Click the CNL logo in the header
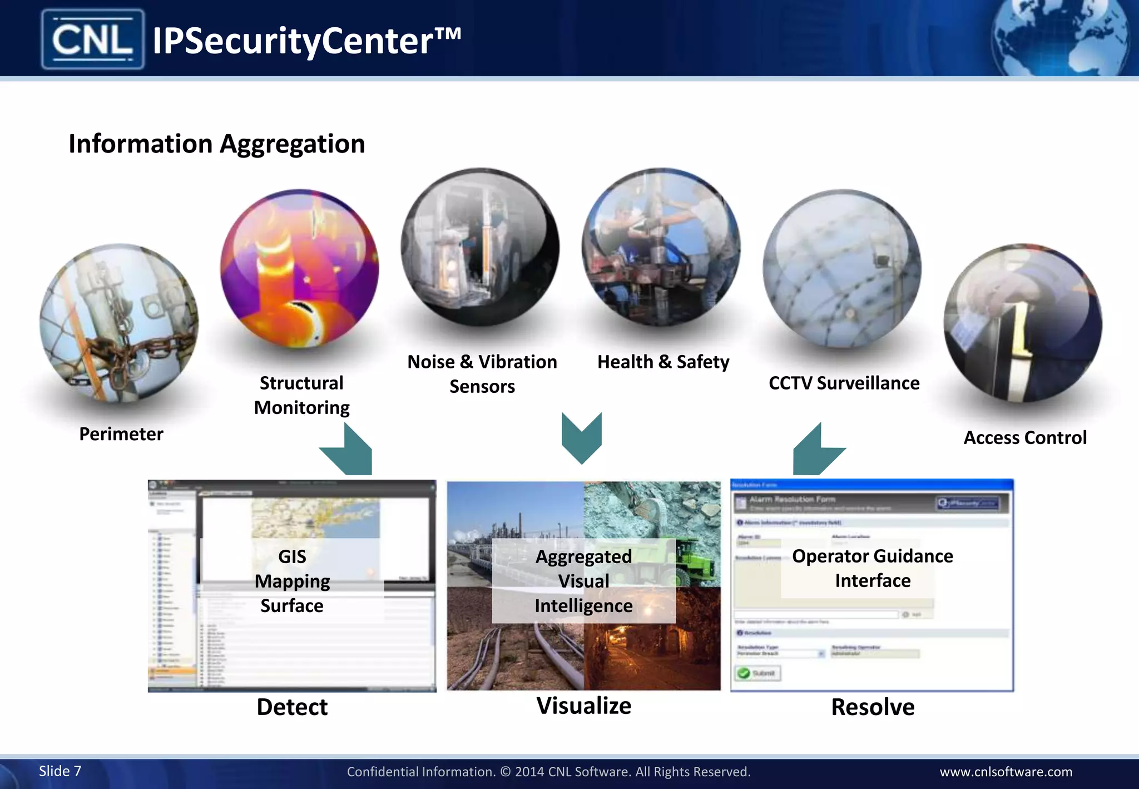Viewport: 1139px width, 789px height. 93,40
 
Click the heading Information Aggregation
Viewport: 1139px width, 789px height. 217,144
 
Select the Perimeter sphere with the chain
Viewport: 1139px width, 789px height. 119,323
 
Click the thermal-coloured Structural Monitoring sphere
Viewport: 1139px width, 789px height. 299,268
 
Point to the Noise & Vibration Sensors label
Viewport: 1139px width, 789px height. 482,374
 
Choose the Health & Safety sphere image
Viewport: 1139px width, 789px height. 661,247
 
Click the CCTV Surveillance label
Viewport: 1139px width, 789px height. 844,383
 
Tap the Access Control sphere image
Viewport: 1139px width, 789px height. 1023,323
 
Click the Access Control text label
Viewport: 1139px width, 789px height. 1025,438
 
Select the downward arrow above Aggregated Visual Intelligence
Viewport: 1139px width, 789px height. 582,437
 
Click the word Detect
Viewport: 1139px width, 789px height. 292,707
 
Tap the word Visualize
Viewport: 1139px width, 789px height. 584,706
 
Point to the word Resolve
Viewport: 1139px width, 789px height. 873,707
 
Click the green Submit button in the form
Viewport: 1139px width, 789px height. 759,673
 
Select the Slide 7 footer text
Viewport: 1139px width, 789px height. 60,771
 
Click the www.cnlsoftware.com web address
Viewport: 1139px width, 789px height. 1006,772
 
